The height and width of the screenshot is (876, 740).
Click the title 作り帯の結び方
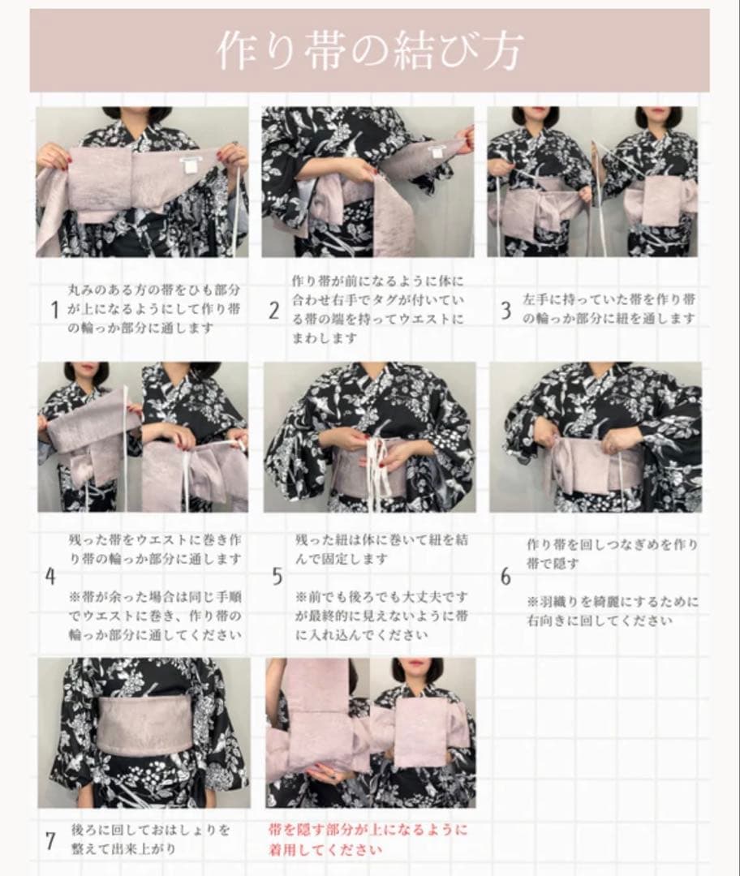tap(369, 49)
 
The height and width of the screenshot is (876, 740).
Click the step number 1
tap(54, 310)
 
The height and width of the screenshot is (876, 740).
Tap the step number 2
tap(274, 310)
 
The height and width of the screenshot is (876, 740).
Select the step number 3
tap(506, 310)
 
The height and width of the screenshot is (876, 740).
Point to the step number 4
tap(51, 577)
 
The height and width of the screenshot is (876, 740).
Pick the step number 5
tap(277, 577)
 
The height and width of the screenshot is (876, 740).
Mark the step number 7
tap(51, 840)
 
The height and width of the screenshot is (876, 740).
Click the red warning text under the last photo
tap(368, 839)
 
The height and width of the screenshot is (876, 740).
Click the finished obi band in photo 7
tap(145, 724)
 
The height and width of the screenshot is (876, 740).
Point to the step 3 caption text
tap(609, 309)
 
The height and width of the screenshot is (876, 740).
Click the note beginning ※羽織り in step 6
tap(613, 612)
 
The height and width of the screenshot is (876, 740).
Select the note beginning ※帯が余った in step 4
tap(155, 616)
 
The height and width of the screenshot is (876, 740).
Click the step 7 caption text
tap(151, 839)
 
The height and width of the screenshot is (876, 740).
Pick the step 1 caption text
tap(154, 309)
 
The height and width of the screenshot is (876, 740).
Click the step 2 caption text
tap(378, 309)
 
